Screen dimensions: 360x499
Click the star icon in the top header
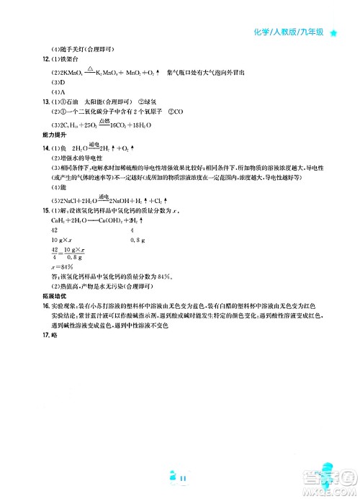[334, 32]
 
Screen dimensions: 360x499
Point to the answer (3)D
[58, 82]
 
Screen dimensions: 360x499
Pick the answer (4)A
[58, 92]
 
